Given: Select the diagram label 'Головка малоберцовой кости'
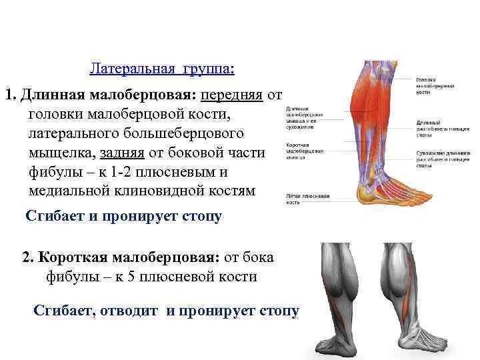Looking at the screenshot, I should point(436,86).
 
